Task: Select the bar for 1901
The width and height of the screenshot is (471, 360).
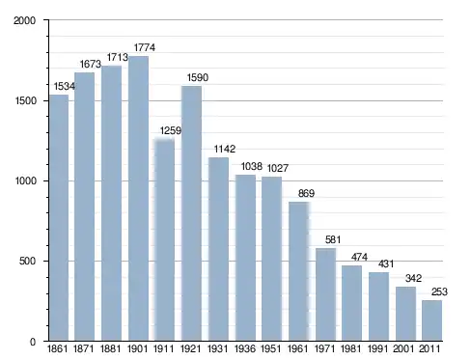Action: [x=138, y=199]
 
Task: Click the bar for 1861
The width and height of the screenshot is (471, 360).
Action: [x=59, y=218]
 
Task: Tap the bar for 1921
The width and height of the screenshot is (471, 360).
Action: [x=191, y=213]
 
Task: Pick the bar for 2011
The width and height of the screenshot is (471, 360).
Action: [x=431, y=320]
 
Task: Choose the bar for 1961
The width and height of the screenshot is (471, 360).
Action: [x=299, y=271]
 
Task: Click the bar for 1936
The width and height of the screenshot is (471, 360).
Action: [x=245, y=258]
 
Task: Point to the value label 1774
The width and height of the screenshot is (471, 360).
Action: [x=145, y=47]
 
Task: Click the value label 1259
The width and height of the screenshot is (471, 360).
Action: [x=171, y=130]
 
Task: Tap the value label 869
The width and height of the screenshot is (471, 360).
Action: [x=306, y=193]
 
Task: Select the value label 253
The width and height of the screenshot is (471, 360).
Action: [x=439, y=291]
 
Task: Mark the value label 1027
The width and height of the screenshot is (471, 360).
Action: [x=278, y=168]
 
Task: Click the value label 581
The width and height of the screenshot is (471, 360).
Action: [x=333, y=239]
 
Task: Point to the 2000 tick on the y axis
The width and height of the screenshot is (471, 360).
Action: [x=24, y=20]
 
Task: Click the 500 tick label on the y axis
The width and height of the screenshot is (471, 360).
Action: [x=27, y=261]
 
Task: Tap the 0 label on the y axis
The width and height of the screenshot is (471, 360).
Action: [x=33, y=342]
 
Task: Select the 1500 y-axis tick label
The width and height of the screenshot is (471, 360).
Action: [x=25, y=100]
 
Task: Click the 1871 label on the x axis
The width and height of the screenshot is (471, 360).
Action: [x=84, y=348]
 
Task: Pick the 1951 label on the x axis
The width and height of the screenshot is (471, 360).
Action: [x=271, y=348]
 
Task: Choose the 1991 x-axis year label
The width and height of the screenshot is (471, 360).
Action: [x=378, y=348]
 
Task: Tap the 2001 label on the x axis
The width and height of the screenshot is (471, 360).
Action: [x=403, y=348]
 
